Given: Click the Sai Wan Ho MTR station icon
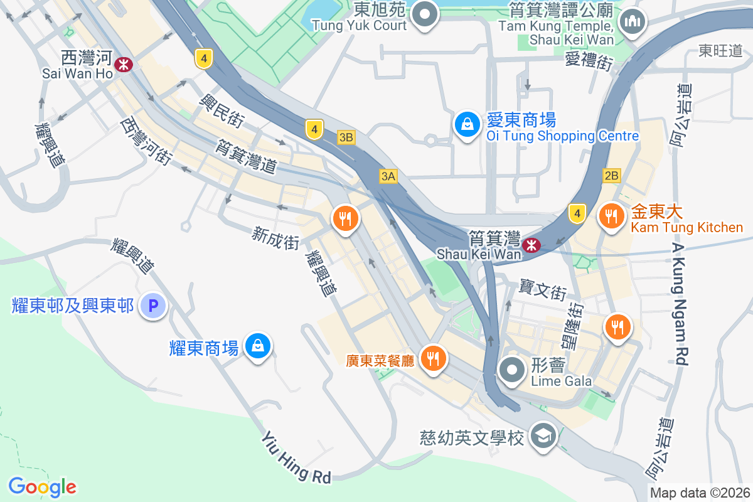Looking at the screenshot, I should click(124, 63).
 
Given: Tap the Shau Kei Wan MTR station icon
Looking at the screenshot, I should click(531, 245).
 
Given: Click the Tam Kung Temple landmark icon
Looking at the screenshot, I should click(632, 21).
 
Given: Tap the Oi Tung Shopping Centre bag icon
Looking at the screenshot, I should click(467, 124).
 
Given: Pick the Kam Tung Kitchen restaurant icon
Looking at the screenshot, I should click(610, 217).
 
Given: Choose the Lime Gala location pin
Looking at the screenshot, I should click(513, 369).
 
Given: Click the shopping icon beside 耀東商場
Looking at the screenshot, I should click(257, 344).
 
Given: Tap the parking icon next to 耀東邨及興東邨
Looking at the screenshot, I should click(152, 306).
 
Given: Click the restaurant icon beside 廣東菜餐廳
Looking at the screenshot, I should click(433, 358).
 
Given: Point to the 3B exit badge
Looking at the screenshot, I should click(346, 137).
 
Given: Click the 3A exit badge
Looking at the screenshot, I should click(388, 176).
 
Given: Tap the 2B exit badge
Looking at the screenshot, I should click(612, 176).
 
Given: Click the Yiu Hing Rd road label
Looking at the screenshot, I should click(296, 457).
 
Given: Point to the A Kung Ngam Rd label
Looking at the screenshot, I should click(680, 304).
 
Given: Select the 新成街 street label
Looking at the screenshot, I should click(275, 238).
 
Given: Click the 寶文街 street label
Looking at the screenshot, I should click(543, 289).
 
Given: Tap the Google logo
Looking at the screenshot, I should click(42, 486).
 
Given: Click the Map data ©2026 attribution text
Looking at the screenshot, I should click(699, 493).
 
